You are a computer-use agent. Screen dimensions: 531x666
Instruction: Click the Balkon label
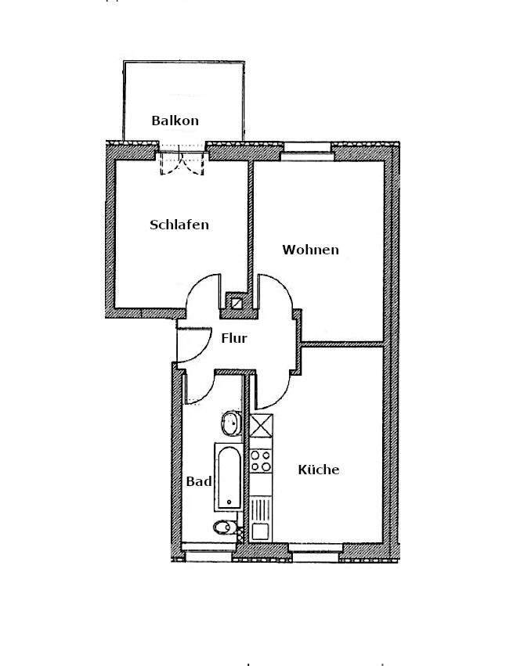(x=175, y=121)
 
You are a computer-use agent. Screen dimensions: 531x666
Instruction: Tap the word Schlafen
(x=179, y=225)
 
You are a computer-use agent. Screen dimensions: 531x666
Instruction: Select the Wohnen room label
(x=311, y=250)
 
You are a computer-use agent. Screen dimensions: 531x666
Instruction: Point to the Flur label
(x=234, y=339)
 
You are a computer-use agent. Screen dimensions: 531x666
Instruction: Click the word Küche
(x=319, y=470)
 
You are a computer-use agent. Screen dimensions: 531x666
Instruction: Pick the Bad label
(x=199, y=481)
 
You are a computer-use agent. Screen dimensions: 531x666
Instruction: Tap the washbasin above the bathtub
(x=231, y=425)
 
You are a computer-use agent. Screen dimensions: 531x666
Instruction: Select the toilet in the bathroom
(x=225, y=527)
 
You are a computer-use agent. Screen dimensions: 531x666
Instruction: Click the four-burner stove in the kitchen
(x=260, y=461)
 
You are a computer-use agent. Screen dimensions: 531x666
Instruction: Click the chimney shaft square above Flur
(x=234, y=299)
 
